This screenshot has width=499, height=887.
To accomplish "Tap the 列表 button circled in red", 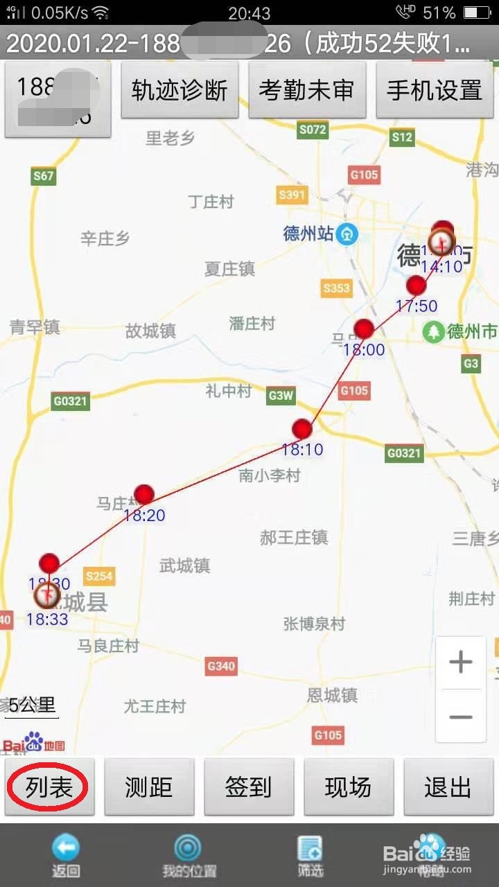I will tap(49, 787).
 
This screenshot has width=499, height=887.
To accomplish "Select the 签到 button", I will tap(248, 787).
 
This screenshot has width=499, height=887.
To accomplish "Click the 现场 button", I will tap(348, 787).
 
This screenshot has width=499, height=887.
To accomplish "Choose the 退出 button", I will tap(448, 787).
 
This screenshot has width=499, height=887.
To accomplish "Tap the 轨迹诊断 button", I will tap(180, 90).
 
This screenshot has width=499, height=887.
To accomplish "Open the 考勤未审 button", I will tap(306, 90).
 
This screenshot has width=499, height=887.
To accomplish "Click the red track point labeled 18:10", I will tap(302, 429).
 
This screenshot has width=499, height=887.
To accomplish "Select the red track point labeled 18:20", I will tap(144, 494).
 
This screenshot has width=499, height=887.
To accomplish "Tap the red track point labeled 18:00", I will tap(364, 328).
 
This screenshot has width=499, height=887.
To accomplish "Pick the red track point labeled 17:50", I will tap(416, 285).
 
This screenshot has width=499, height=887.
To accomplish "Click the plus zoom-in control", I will tap(460, 662).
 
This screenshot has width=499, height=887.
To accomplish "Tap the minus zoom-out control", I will tap(460, 717).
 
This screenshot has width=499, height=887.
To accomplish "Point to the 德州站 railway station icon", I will tap(347, 234).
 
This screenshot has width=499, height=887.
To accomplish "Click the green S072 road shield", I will tap(312, 130).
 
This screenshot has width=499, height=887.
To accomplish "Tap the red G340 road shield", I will tap(221, 666).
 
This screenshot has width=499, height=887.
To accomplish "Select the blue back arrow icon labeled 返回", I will tap(66, 848).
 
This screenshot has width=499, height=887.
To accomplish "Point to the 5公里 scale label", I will tap(32, 705).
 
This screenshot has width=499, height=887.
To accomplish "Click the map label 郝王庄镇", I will tap(294, 537).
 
